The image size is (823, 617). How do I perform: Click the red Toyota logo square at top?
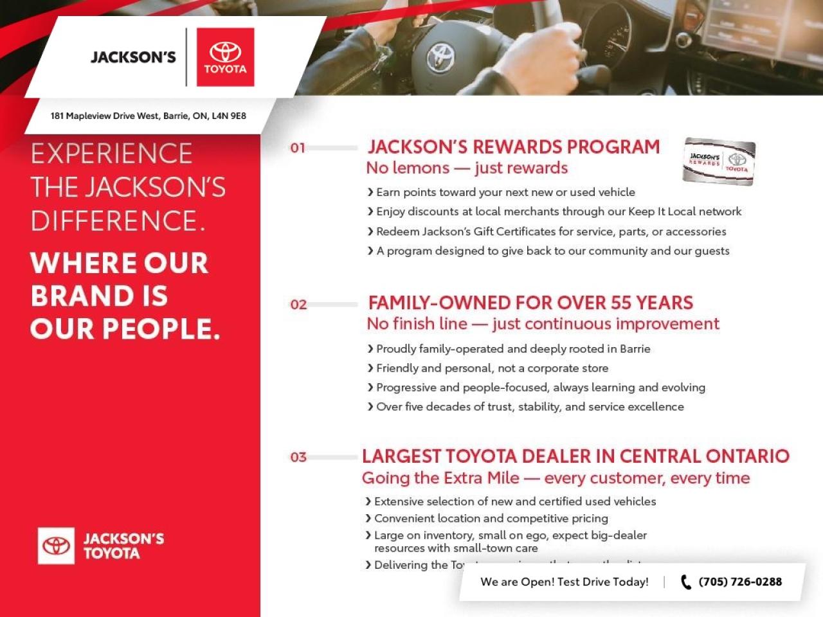pyautogui.click(x=225, y=57)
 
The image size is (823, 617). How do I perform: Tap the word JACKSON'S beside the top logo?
pyautogui.click(x=133, y=57)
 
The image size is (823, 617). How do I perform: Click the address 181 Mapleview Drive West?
pyautogui.click(x=148, y=116)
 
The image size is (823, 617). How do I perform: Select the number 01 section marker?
pyautogui.click(x=298, y=148)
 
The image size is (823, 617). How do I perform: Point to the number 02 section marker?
pyautogui.click(x=298, y=305)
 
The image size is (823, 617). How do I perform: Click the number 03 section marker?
pyautogui.click(x=298, y=458)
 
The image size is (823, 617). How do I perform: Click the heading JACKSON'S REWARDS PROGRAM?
pyautogui.click(x=513, y=147)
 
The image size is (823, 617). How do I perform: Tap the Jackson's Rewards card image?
pyautogui.click(x=719, y=161)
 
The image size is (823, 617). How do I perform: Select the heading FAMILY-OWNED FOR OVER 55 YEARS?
pyautogui.click(x=530, y=303)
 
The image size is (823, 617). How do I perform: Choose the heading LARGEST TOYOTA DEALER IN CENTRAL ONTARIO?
pyautogui.click(x=575, y=456)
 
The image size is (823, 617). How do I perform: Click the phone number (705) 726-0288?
pyautogui.click(x=740, y=582)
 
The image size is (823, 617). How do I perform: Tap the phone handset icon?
pyautogui.click(x=686, y=582)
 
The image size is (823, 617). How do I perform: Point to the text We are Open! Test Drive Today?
pyautogui.click(x=565, y=582)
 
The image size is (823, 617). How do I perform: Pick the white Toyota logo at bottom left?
pyautogui.click(x=56, y=546)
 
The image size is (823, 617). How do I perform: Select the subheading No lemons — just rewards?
pyautogui.click(x=467, y=168)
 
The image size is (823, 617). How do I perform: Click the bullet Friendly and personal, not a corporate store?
pyautogui.click(x=492, y=368)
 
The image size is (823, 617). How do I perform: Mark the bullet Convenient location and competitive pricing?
pyautogui.click(x=491, y=518)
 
